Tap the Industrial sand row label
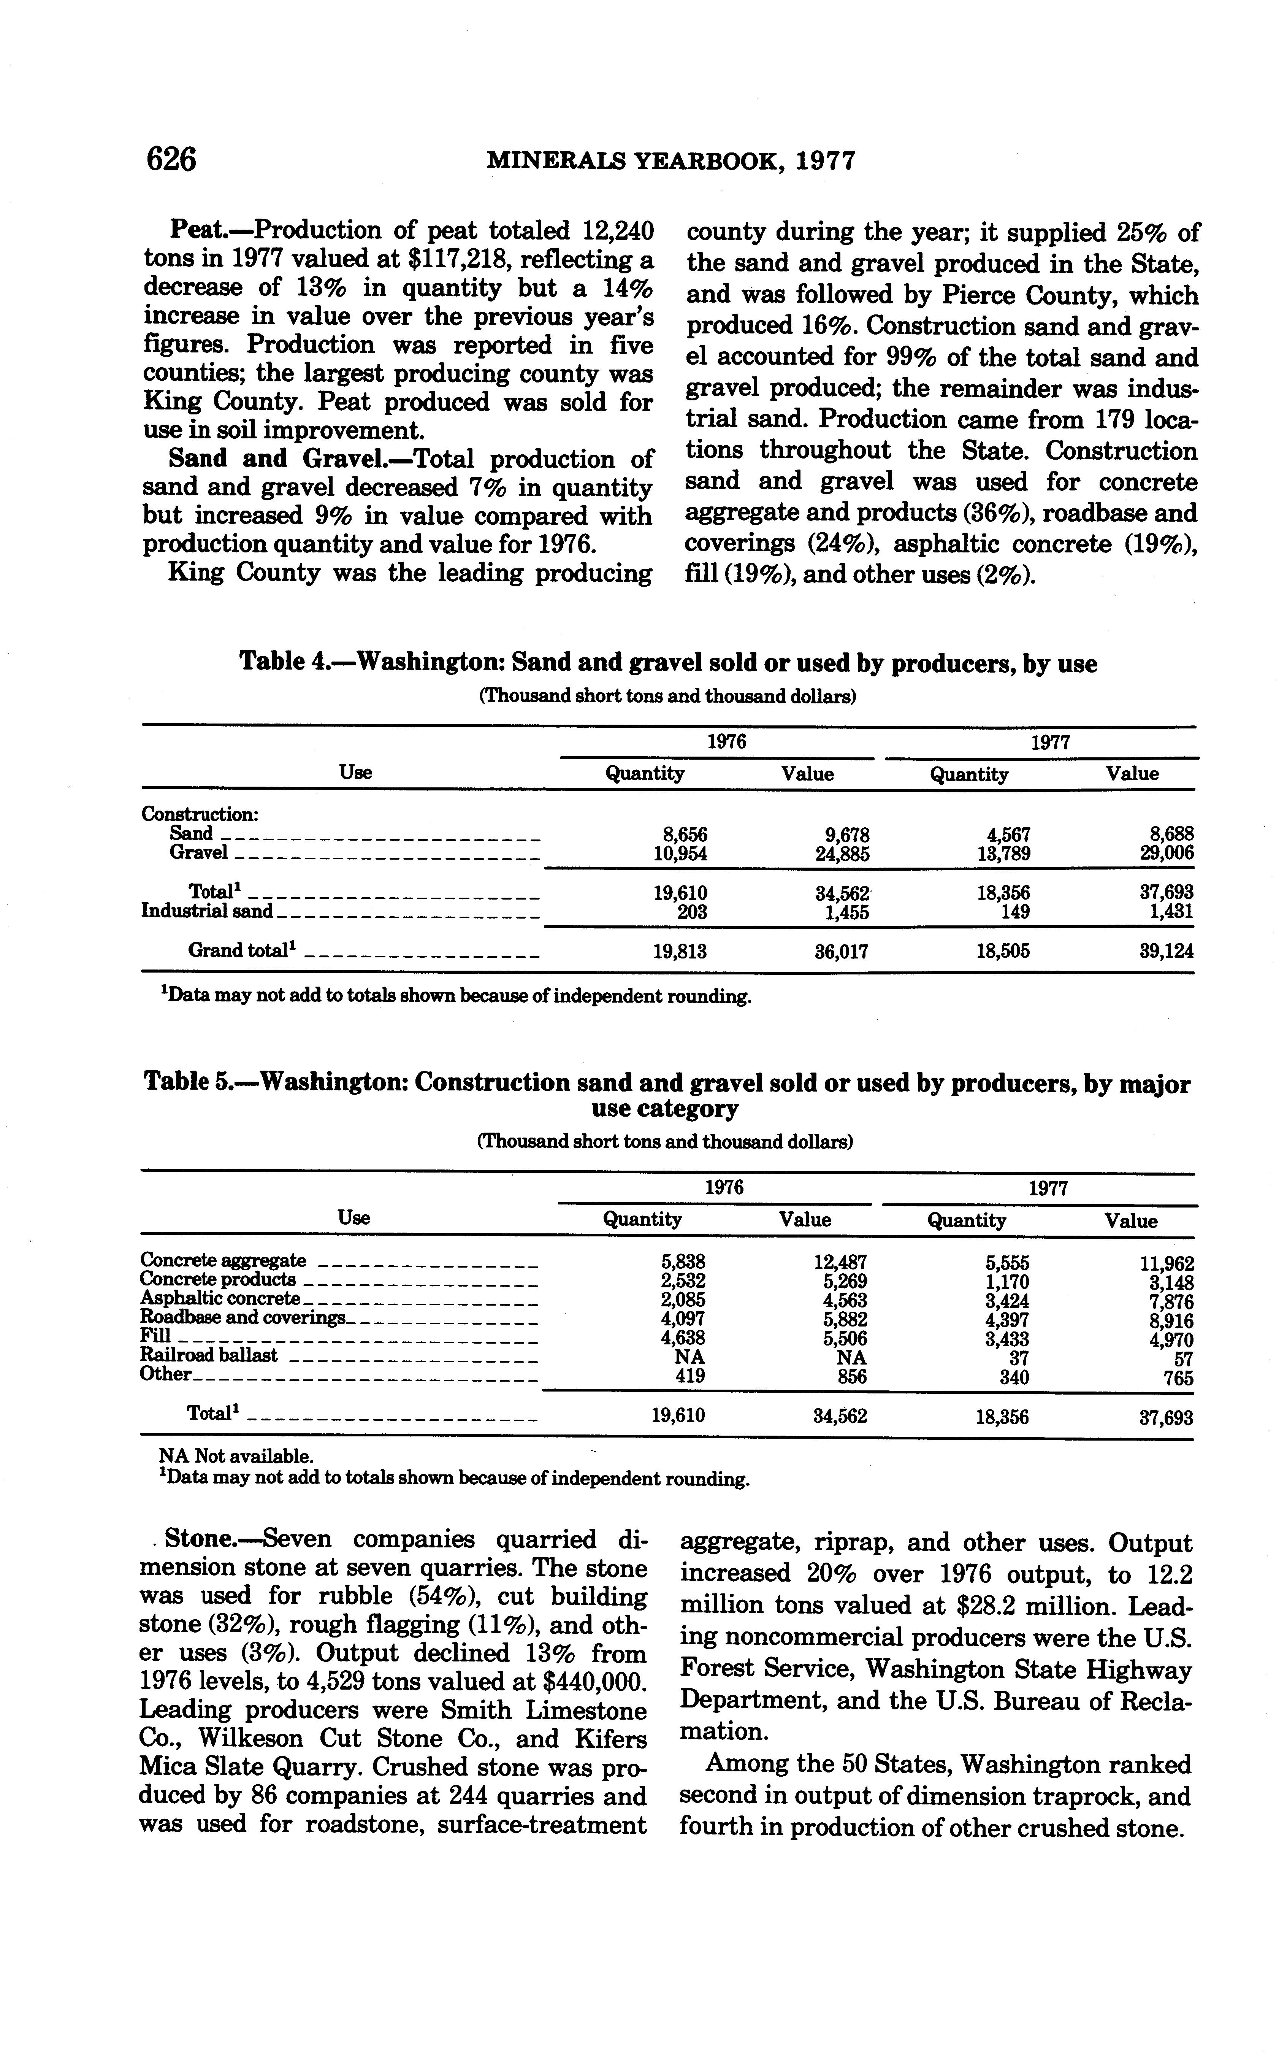tap(207, 912)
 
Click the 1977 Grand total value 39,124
tap(1166, 952)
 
